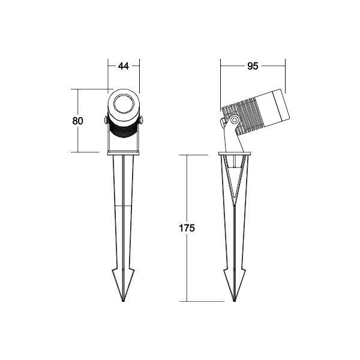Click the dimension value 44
click(x=124, y=67)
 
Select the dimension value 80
click(x=77, y=121)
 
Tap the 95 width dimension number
click(x=253, y=67)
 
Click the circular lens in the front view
click(x=124, y=104)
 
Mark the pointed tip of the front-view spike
click(x=124, y=300)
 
